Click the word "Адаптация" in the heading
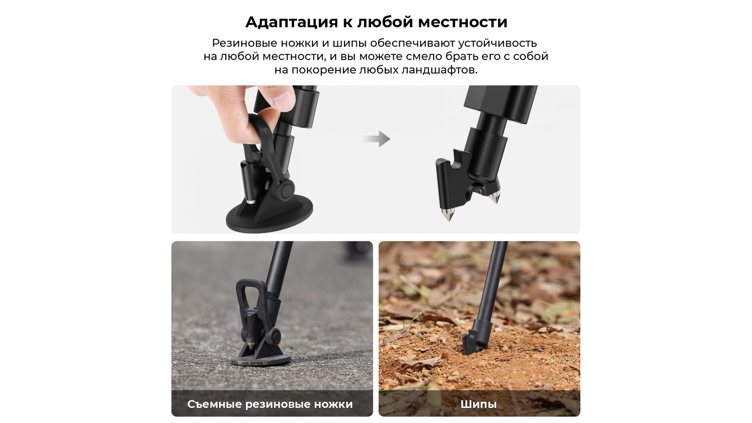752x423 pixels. [x=291, y=22]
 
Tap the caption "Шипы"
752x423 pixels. [x=479, y=404]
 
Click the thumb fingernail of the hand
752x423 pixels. [x=283, y=101]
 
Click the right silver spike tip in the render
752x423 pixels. [x=494, y=198]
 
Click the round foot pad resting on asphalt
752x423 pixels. [x=260, y=359]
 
